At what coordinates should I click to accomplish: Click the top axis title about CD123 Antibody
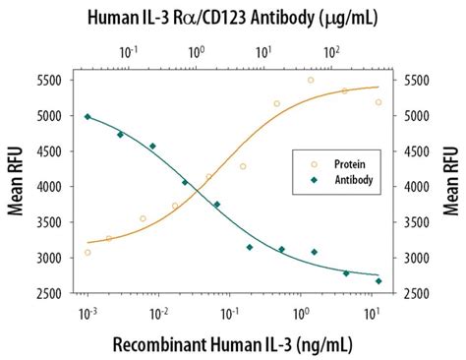point(232,18)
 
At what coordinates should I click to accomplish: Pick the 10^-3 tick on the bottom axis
point(87,312)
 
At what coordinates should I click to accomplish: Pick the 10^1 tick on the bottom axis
point(371,312)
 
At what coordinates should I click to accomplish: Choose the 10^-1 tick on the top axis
point(129,49)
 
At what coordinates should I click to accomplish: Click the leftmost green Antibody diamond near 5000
point(87,117)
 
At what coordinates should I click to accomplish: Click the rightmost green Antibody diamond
point(379,281)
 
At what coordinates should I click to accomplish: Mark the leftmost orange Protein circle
point(87,253)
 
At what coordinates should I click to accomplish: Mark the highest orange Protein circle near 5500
point(311,81)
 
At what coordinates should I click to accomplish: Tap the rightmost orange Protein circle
point(379,102)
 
